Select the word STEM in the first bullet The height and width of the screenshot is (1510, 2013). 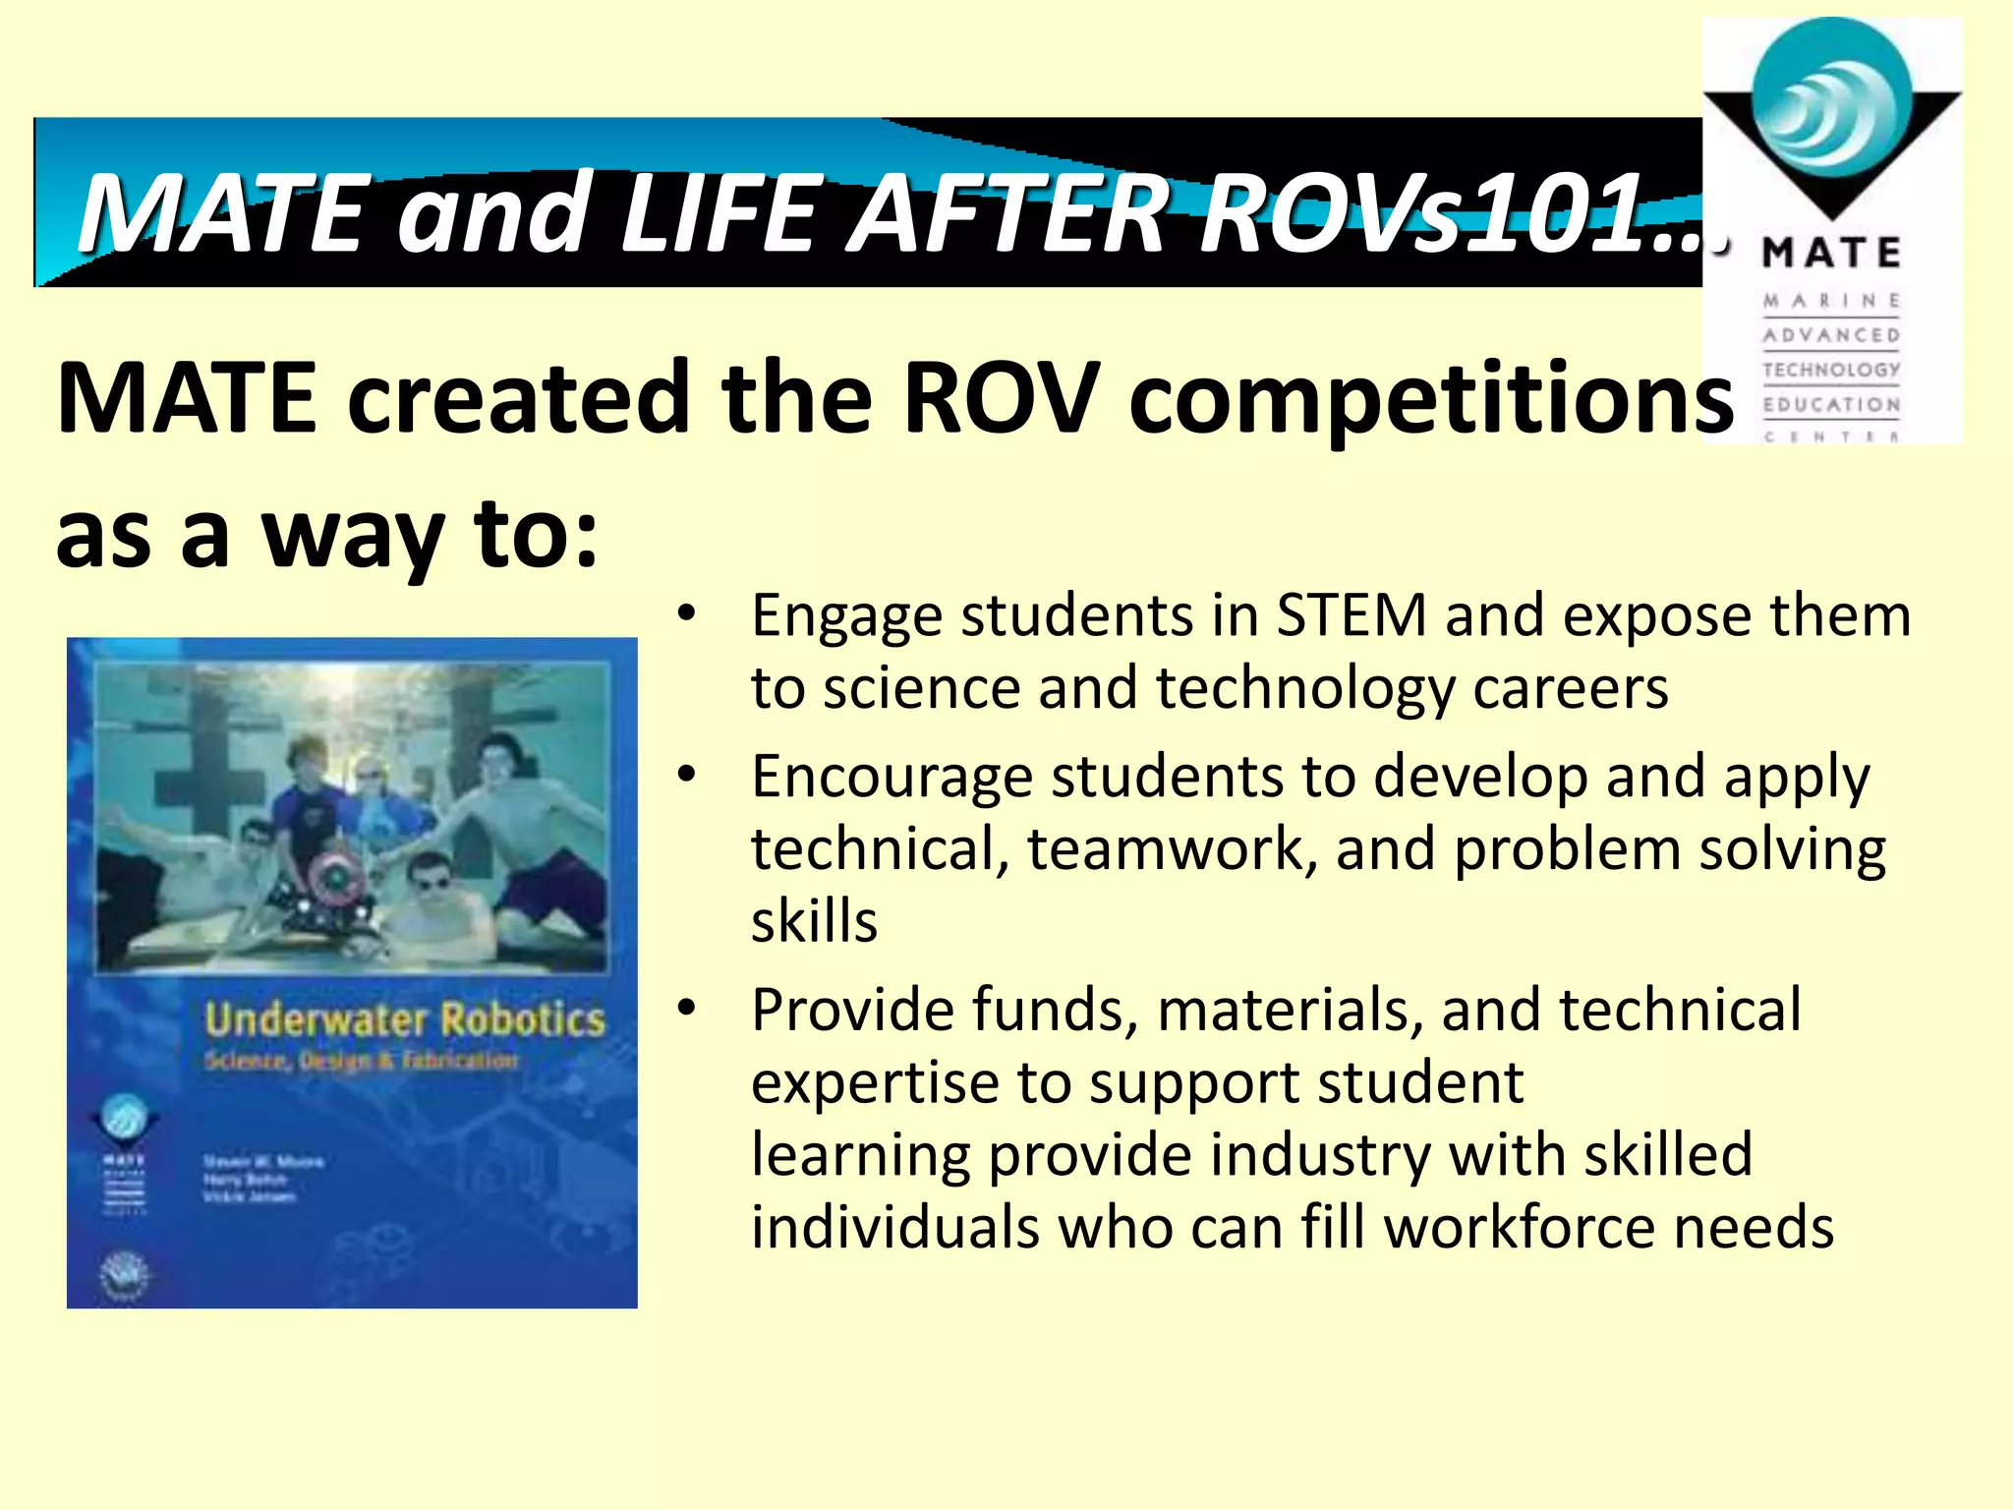point(1351,616)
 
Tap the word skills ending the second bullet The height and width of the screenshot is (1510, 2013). point(814,922)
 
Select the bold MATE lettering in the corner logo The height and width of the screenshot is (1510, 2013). point(1831,254)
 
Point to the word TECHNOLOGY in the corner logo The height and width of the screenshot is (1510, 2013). point(1831,370)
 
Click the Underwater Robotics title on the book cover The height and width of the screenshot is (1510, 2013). point(404,1020)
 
